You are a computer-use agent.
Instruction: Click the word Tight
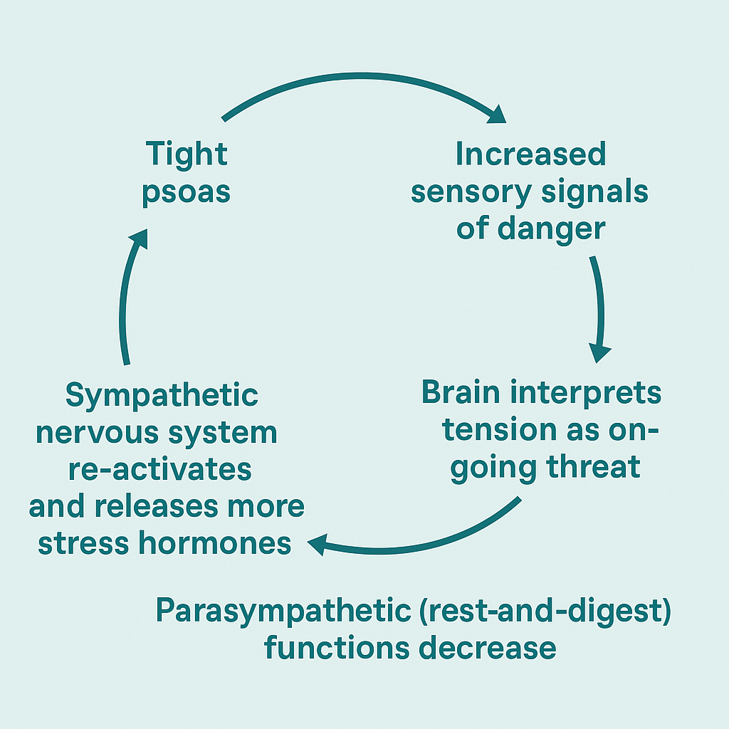tap(187, 154)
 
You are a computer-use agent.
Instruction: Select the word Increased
tap(530, 154)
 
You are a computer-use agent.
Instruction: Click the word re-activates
tap(160, 470)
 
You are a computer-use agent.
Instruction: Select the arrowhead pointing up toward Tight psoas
tap(137, 238)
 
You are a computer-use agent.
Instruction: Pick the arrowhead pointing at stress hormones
tap(318, 545)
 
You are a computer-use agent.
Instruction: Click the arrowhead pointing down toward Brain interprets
tap(600, 352)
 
